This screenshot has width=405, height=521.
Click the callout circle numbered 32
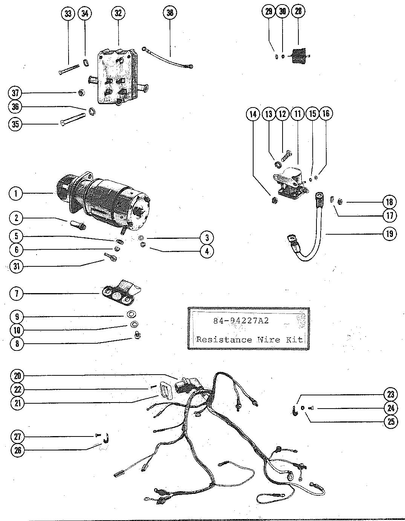118,13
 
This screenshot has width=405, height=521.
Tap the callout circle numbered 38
170,13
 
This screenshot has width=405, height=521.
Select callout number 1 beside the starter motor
16,194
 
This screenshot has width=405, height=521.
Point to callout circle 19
390,234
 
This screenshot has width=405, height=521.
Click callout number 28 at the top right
298,11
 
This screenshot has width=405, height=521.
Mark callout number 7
17,293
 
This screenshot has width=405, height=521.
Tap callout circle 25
391,421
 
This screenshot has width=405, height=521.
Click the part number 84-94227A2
241,321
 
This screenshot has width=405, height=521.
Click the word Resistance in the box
224,340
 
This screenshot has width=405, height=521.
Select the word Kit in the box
295,340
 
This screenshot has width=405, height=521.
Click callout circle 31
17,266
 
